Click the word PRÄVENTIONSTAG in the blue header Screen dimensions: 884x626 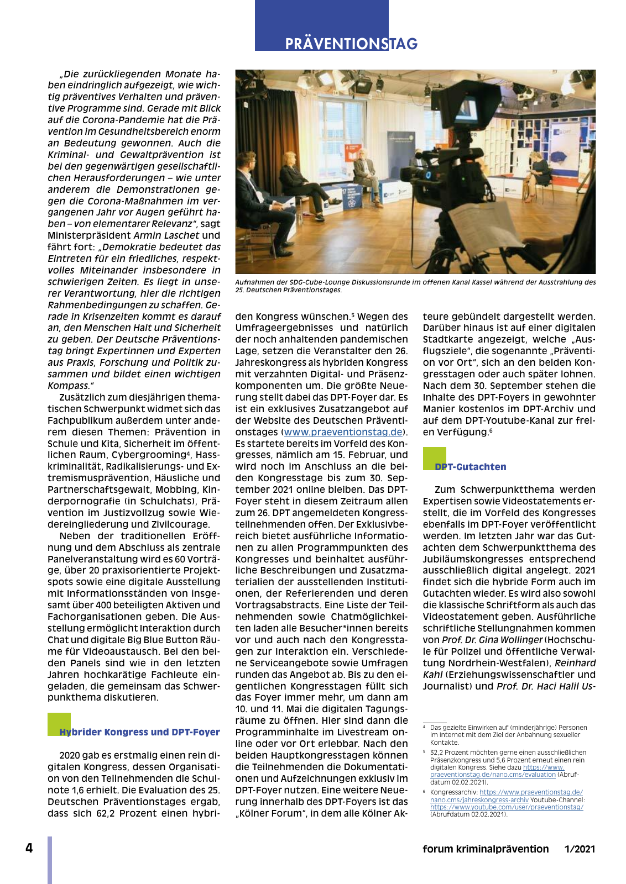351,44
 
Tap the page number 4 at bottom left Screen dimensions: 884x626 29,848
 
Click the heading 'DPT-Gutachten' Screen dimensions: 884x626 470,467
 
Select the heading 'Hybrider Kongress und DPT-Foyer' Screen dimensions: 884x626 139,732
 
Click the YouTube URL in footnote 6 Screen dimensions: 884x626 507,807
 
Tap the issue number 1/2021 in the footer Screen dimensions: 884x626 580,849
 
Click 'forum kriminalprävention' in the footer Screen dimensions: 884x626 486,849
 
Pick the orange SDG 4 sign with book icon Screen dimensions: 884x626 352,153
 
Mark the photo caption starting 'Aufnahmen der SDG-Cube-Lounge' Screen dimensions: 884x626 415,286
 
